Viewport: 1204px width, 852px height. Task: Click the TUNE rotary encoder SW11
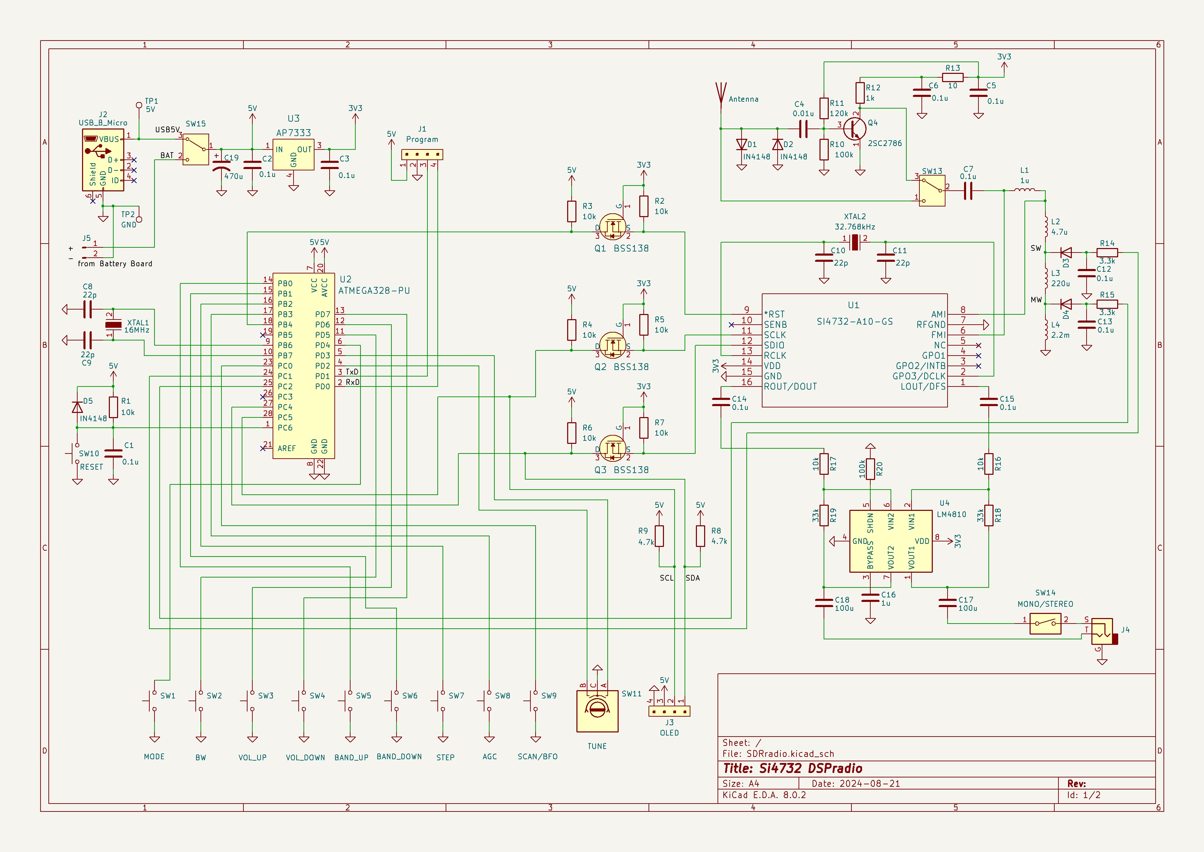[597, 710]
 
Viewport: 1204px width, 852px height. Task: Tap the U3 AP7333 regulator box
[294, 154]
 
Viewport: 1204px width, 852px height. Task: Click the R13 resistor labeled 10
[952, 77]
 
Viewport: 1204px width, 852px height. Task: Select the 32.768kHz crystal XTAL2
[855, 242]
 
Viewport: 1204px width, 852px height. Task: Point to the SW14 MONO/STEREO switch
[1045, 623]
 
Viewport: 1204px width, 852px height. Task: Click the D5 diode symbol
[77, 407]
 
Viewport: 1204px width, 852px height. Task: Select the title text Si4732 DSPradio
[792, 769]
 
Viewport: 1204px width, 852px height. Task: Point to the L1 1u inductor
[1024, 190]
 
